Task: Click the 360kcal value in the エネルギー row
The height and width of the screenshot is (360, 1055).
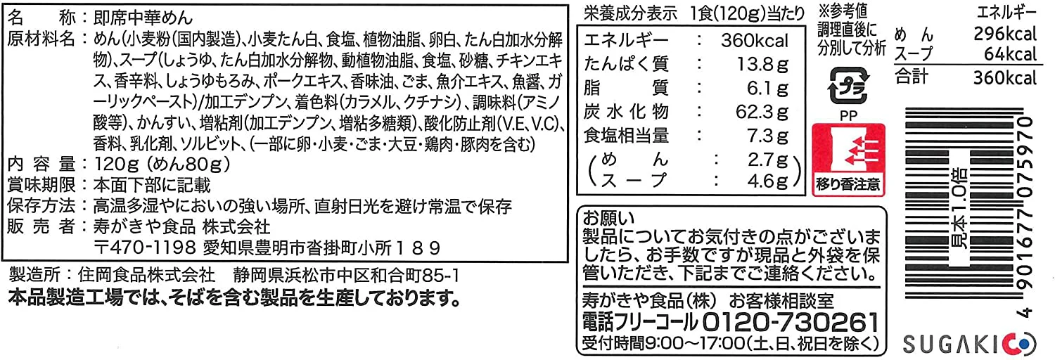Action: coord(754,41)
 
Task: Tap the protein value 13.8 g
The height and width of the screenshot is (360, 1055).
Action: coord(762,65)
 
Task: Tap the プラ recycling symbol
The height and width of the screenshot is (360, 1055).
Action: coord(848,86)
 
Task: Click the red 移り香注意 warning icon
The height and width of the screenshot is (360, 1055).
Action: coord(849,160)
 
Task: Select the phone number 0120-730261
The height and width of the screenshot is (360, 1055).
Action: coord(791,323)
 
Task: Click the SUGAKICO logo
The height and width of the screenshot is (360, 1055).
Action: coord(969,345)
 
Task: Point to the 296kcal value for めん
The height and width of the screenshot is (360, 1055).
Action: coord(1005,34)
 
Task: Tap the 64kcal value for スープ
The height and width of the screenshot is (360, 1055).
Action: coord(1011,54)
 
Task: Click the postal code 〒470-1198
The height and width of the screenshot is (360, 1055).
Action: coord(145,247)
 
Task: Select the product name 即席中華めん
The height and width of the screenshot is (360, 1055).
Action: coord(143,18)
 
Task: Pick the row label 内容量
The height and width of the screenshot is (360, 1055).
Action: coord(41,165)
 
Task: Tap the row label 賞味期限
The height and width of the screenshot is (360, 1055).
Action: coord(41,185)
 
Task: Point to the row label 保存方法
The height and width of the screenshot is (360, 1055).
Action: coord(41,206)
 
